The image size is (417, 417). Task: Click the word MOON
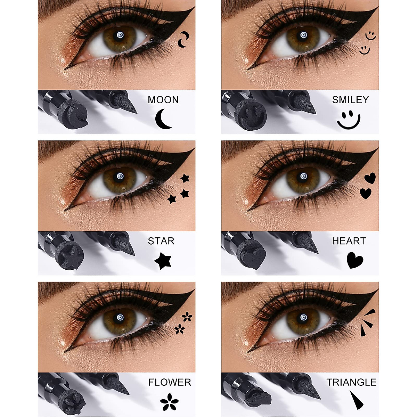point(163,100)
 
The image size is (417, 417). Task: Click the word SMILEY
point(350,100)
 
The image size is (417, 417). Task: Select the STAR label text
point(161,241)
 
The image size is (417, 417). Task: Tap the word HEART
point(349,241)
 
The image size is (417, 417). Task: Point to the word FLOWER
point(170,382)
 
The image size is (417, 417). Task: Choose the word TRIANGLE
point(351,382)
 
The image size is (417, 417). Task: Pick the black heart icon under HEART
point(355,260)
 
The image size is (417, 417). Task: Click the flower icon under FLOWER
point(169,401)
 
